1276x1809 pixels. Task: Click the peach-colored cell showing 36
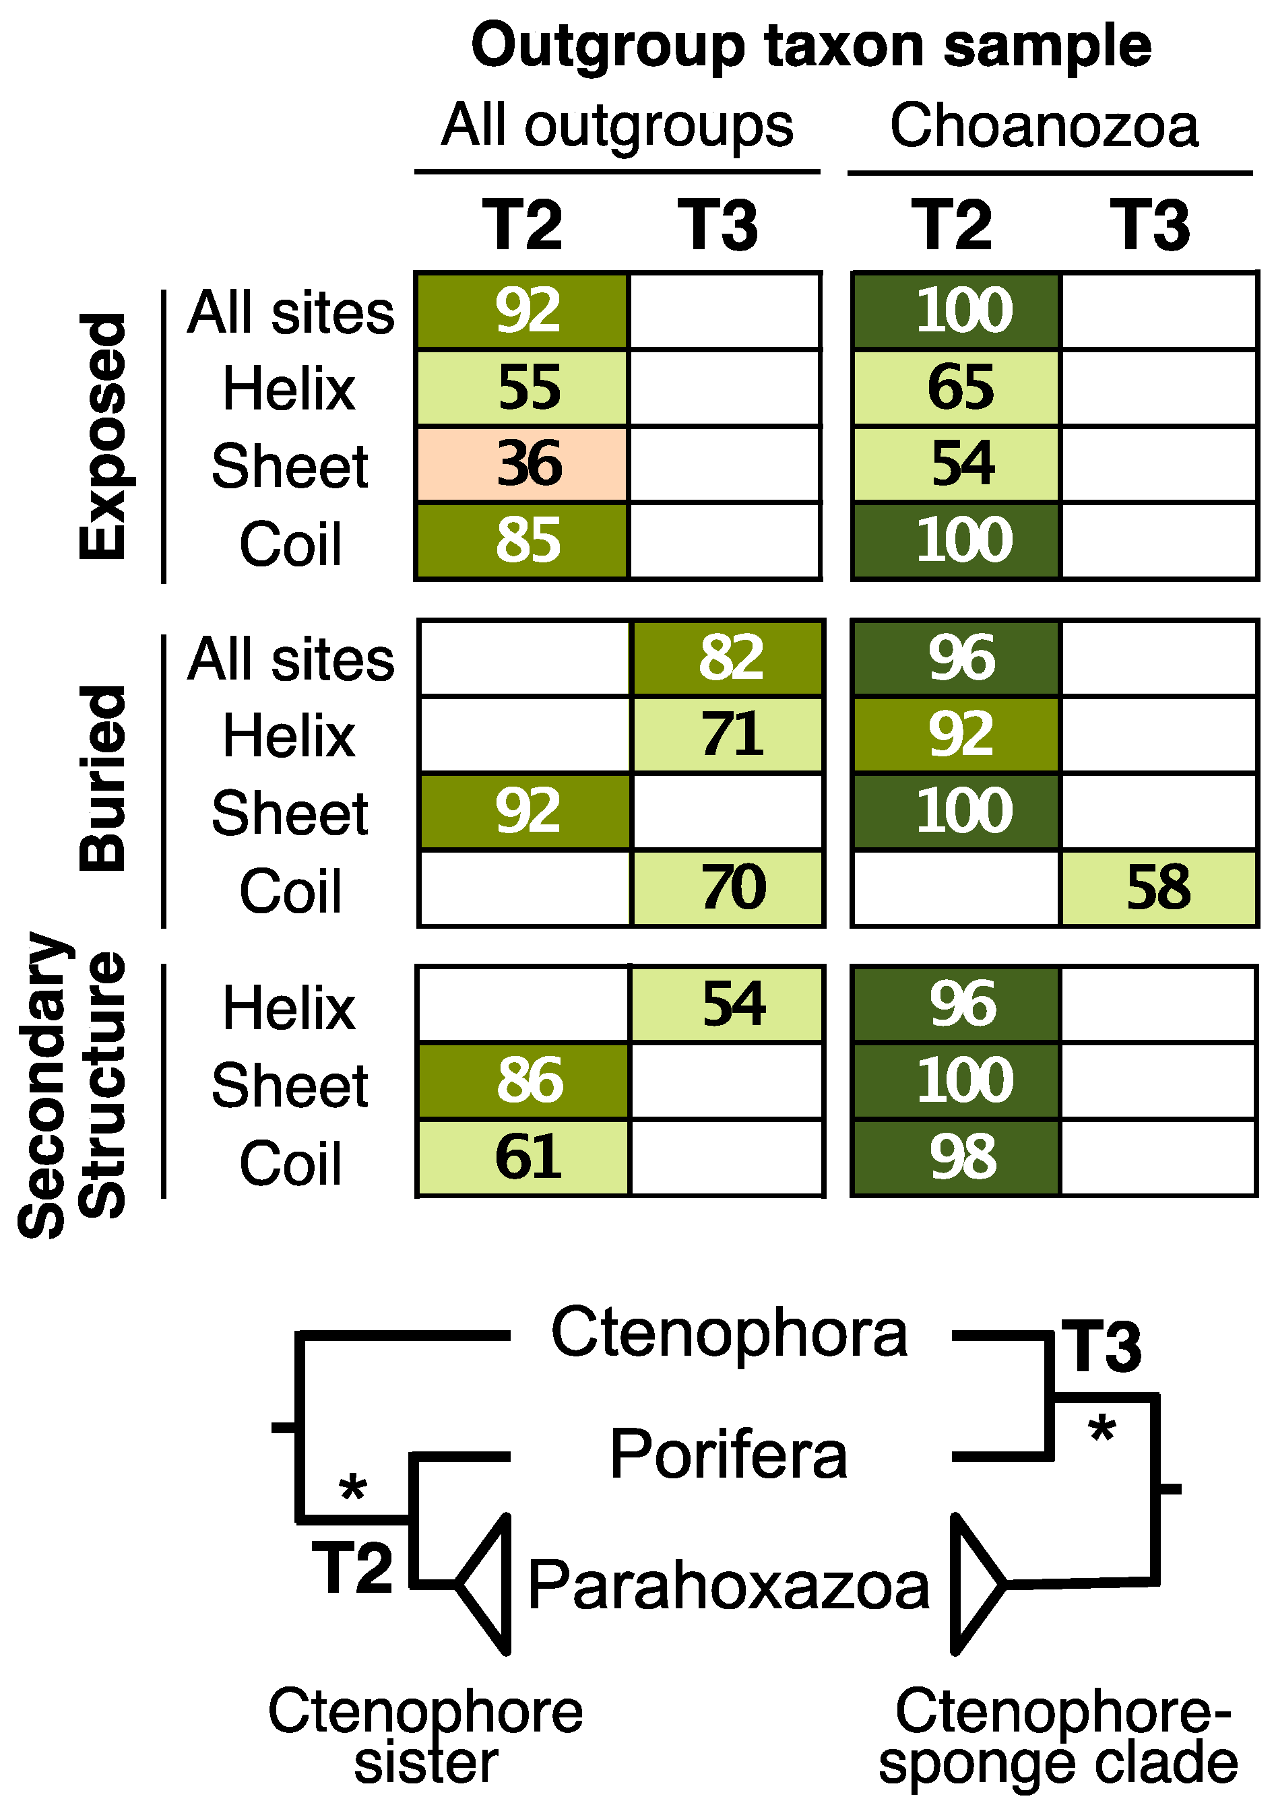point(523,464)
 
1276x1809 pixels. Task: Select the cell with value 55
point(523,388)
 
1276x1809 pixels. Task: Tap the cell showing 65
point(956,388)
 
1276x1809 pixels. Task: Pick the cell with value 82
point(728,658)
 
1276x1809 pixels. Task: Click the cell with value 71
point(728,734)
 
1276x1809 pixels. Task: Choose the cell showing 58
point(1158,887)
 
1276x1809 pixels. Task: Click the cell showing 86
point(523,1080)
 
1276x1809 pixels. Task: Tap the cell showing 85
point(523,541)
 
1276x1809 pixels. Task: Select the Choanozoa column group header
point(1044,126)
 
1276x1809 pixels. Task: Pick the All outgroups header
point(617,126)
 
